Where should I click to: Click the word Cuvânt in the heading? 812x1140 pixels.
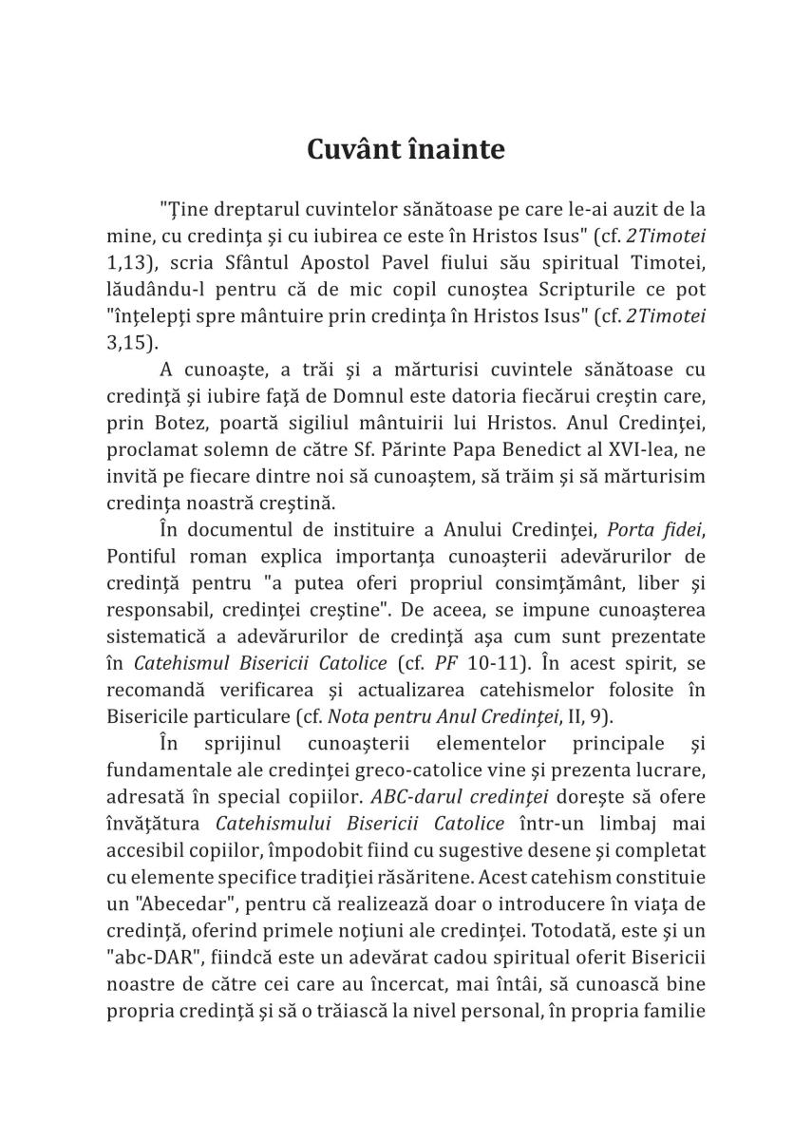351,149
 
